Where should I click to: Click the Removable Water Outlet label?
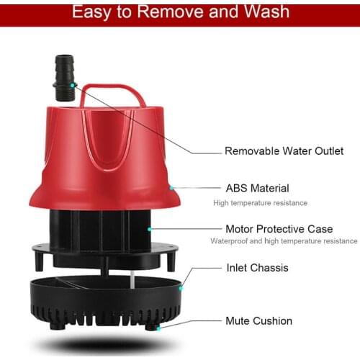[x=284, y=151]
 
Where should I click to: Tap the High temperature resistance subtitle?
[x=260, y=203]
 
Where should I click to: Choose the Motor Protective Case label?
[x=279, y=229]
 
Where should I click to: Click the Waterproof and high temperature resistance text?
[x=284, y=241]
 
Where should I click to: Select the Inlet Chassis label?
[x=257, y=268]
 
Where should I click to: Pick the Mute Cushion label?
[x=258, y=320]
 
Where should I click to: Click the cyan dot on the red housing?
[x=171, y=189]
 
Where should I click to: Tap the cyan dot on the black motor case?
[x=149, y=229]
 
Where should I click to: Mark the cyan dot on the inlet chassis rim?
[x=181, y=287]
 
